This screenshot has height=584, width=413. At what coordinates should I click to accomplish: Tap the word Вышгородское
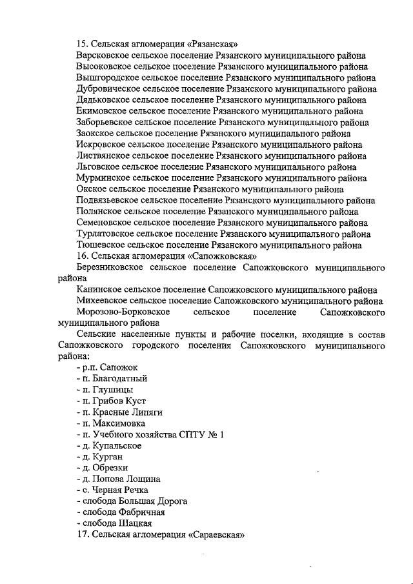tap(105, 77)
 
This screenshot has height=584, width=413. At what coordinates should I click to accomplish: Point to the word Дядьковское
tap(103, 100)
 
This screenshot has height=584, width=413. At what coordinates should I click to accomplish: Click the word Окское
tap(90, 189)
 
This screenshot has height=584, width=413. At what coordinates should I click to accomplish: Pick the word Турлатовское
tap(106, 234)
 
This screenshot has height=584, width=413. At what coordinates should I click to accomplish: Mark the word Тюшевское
tap(100, 245)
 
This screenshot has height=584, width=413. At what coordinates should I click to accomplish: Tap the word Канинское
tap(97, 290)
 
